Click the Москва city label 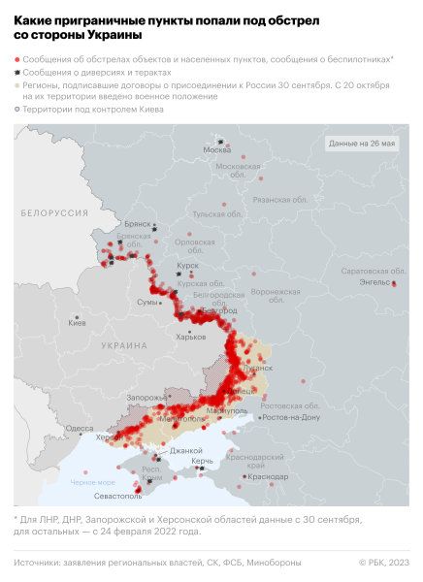(216, 149)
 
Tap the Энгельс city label (374, 283)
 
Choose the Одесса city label (81, 428)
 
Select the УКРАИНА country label (124, 345)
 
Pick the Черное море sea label (92, 482)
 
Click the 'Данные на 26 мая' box (362, 143)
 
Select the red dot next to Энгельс (394, 283)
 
